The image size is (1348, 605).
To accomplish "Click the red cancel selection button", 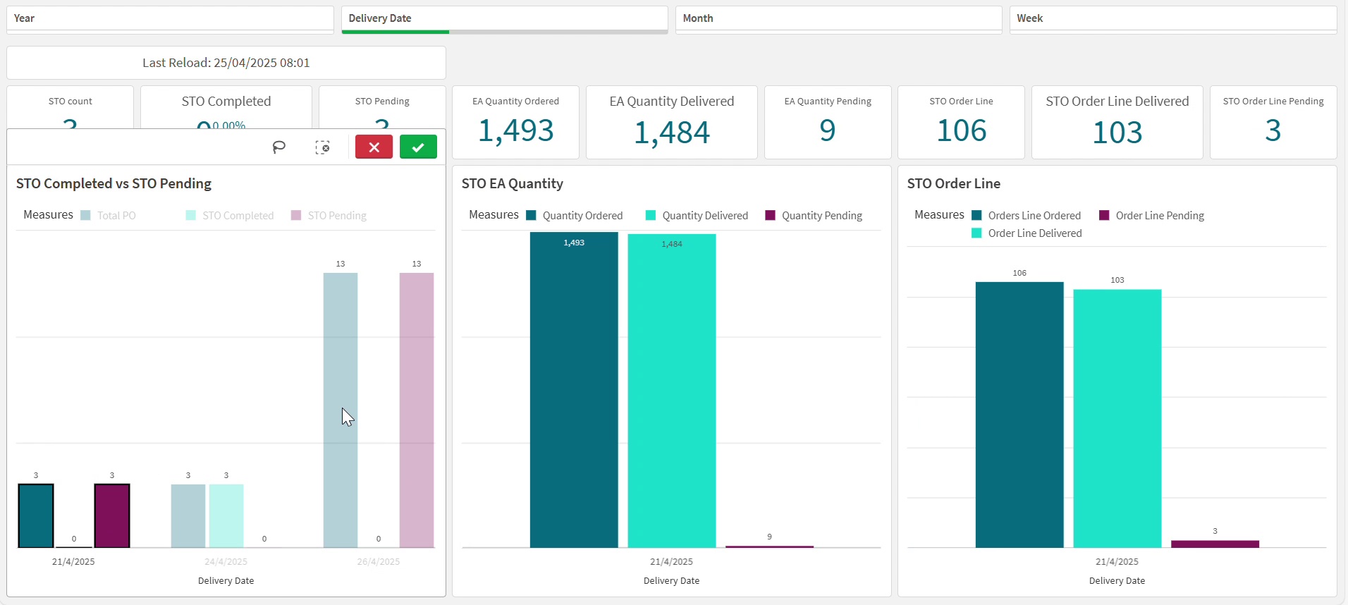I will coord(374,147).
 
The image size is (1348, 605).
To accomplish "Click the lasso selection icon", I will coord(279,147).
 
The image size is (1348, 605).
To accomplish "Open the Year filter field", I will coord(170,18).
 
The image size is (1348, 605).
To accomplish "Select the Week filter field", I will coord(1172,18).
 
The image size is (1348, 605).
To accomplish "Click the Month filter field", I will coord(838,18).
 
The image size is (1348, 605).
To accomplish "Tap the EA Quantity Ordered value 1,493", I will coord(515,130).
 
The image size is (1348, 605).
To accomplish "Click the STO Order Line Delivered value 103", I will coord(1117,133).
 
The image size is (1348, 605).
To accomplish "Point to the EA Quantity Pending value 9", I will coord(827,130).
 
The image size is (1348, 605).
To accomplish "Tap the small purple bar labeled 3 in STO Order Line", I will coord(1215,544).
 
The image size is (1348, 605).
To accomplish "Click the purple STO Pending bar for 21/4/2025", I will coord(112,515).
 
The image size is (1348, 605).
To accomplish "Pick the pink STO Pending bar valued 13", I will coord(416,409).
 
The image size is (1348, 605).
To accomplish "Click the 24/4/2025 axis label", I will coord(226,562).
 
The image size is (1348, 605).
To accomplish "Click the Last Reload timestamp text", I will coord(226,63).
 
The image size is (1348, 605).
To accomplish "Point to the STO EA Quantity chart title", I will coord(512,184).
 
